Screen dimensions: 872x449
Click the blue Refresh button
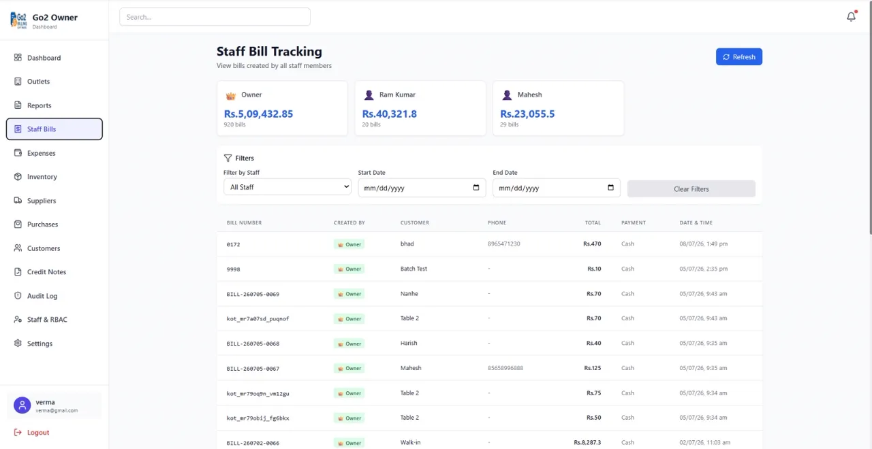(739, 56)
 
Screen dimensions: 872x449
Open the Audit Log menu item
(42, 296)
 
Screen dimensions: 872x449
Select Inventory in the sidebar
(42, 176)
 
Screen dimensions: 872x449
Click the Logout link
(37, 432)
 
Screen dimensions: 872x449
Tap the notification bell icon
(851, 16)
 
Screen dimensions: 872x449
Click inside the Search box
(215, 17)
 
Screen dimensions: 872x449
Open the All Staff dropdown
(287, 187)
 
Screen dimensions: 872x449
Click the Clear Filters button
(691, 189)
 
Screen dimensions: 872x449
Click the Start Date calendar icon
(476, 187)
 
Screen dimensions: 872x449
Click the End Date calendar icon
(610, 187)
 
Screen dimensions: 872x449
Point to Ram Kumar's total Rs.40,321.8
(389, 114)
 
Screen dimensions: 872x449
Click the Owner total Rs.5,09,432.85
(258, 114)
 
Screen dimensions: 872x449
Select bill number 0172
(233, 244)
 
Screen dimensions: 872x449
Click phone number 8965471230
(503, 244)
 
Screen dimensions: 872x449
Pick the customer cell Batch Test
(414, 269)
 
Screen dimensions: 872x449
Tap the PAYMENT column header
(634, 222)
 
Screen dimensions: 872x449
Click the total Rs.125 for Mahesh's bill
(593, 368)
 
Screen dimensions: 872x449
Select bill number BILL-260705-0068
(253, 344)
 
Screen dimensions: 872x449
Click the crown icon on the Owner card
(231, 95)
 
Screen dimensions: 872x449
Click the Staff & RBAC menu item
(47, 320)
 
